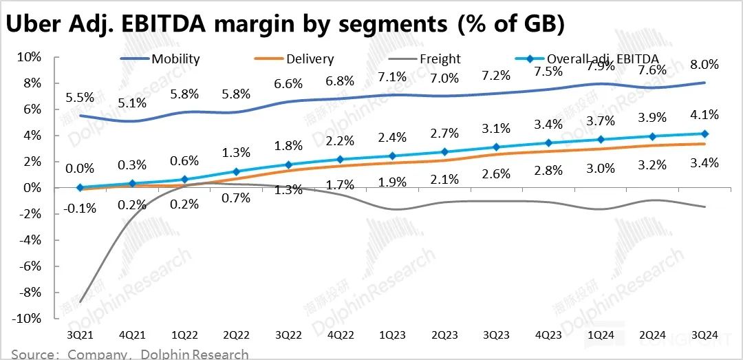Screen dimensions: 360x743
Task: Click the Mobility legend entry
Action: [x=175, y=59]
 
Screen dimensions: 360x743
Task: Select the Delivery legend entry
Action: [x=310, y=59]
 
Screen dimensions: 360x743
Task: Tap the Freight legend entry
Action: [x=440, y=59]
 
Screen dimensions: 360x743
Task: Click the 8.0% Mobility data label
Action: [x=703, y=65]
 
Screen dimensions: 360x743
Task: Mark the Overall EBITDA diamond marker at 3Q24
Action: [x=704, y=134]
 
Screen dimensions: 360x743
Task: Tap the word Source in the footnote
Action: [x=33, y=354]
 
